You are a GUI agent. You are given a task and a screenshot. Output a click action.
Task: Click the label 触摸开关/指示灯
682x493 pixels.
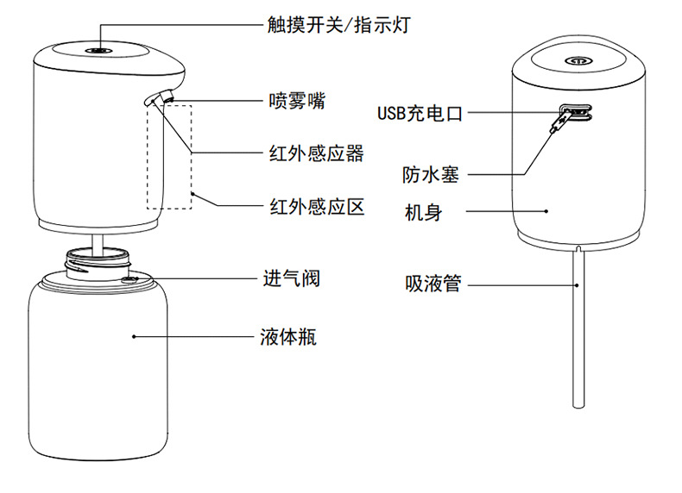pyautogui.click(x=338, y=25)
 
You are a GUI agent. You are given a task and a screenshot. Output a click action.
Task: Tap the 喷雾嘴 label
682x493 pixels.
pyautogui.click(x=297, y=101)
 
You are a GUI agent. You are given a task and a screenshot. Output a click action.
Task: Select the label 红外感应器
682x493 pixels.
pyautogui.click(x=316, y=153)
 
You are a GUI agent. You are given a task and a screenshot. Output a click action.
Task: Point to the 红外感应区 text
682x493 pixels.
pyautogui.click(x=317, y=207)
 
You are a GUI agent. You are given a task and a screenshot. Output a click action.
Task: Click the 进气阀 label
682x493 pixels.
pyautogui.click(x=292, y=278)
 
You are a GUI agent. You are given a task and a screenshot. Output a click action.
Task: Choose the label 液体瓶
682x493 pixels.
pyautogui.click(x=288, y=337)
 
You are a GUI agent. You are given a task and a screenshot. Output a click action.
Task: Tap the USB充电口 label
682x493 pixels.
pyautogui.click(x=420, y=114)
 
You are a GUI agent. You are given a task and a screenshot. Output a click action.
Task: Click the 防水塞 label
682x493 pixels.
pyautogui.click(x=430, y=175)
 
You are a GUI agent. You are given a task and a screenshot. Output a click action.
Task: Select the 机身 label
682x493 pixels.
pyautogui.click(x=423, y=212)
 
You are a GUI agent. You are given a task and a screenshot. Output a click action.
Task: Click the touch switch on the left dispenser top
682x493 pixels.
pyautogui.click(x=99, y=50)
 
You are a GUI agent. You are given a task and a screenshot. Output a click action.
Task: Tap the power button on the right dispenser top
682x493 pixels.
pyautogui.click(x=579, y=60)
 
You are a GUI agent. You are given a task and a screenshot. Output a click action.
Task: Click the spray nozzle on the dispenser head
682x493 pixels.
pyautogui.click(x=167, y=96)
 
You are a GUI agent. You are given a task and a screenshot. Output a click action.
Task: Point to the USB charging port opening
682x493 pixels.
pyautogui.click(x=575, y=112)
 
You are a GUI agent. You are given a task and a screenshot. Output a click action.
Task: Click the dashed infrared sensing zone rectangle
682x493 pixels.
pyautogui.click(x=148, y=157)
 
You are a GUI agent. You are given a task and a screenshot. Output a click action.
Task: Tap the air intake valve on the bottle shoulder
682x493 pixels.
pyautogui.click(x=129, y=280)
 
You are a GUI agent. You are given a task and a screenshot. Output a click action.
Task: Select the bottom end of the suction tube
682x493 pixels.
pyautogui.click(x=578, y=406)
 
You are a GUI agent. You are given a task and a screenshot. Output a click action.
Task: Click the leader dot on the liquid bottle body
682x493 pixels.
pyautogui.click(x=134, y=337)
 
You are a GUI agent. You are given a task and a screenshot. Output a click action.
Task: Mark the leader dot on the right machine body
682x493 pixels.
pyautogui.click(x=546, y=211)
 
